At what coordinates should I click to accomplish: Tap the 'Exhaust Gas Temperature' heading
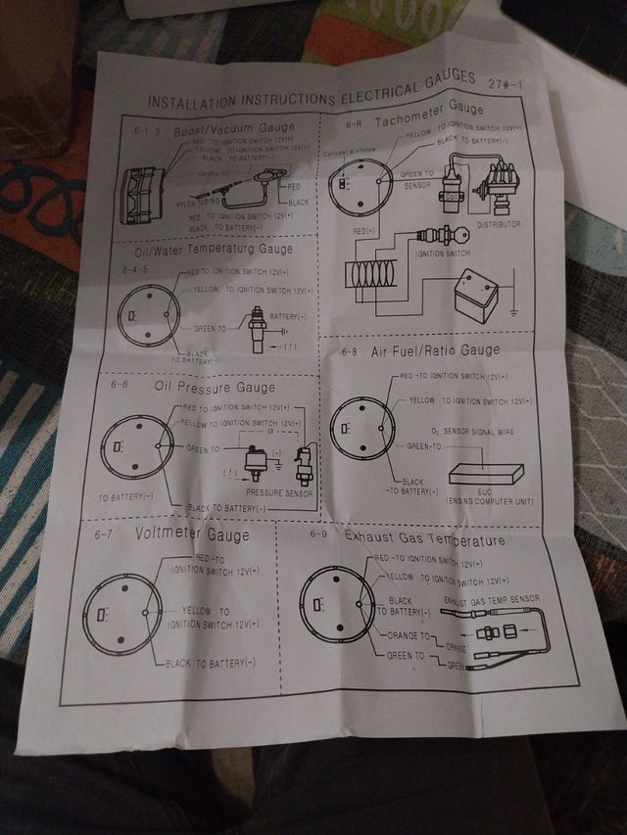pos(425,540)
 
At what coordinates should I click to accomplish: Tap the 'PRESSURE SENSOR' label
pos(279,492)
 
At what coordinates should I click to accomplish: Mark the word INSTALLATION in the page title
pos(186,101)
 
